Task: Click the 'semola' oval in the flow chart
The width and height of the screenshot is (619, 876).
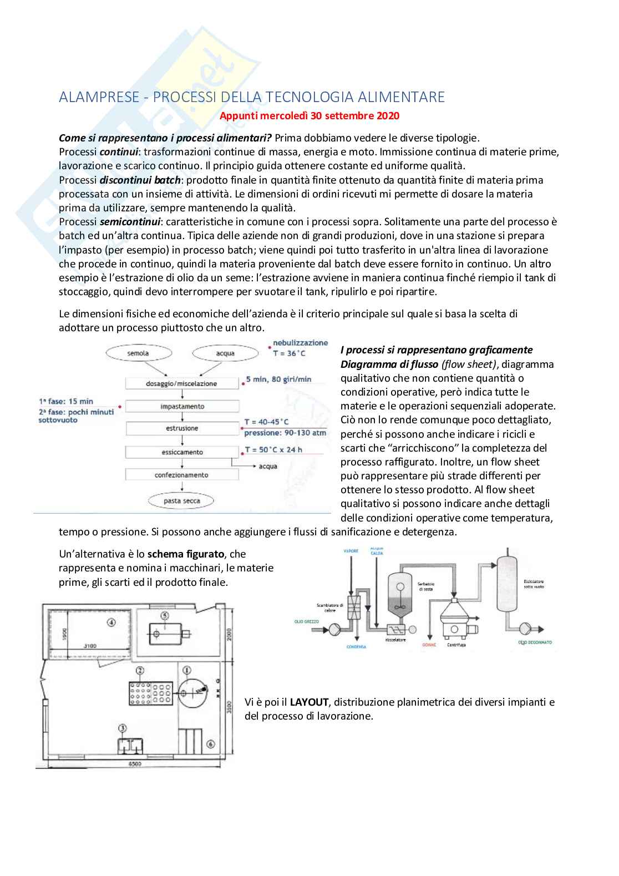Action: pyautogui.click(x=138, y=353)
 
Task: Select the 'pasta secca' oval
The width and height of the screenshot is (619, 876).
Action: pyautogui.click(x=181, y=501)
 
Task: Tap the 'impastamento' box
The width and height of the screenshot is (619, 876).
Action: pyautogui.click(x=182, y=407)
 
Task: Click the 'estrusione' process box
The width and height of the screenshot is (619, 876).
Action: pyautogui.click(x=182, y=429)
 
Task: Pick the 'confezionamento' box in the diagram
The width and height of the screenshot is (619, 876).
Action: pyautogui.click(x=181, y=475)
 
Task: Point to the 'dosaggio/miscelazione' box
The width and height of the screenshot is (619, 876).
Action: pyautogui.click(x=181, y=384)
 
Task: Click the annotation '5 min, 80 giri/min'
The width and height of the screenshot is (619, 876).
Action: pyautogui.click(x=278, y=380)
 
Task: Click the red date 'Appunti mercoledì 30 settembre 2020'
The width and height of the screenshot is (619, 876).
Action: pyautogui.click(x=309, y=116)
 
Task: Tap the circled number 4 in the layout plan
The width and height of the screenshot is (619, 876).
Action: pyautogui.click(x=111, y=622)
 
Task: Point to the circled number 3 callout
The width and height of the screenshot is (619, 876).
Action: pyautogui.click(x=123, y=728)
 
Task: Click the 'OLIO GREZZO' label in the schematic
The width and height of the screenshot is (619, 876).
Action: pyautogui.click(x=307, y=622)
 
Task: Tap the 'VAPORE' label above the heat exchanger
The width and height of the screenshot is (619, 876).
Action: pyautogui.click(x=350, y=551)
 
